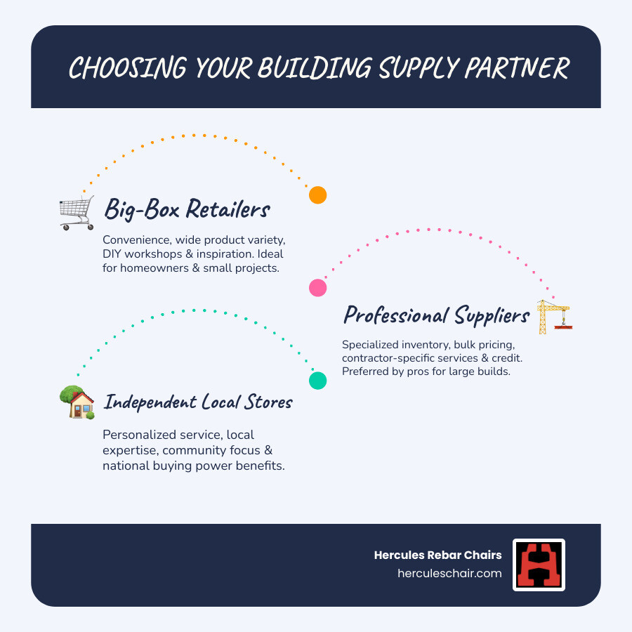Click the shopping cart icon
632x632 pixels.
point(77,213)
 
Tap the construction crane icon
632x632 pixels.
point(554,317)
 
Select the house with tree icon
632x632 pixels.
point(77,403)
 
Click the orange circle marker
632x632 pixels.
point(318,195)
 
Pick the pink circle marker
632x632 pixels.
point(318,287)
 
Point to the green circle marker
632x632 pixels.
point(318,381)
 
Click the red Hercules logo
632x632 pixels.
point(539,565)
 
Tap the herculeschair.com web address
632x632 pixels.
point(450,573)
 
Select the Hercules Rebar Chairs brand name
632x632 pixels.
point(438,555)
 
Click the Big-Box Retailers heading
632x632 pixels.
point(187,209)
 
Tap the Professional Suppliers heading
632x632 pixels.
point(435,315)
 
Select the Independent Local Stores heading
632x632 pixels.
point(198,402)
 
